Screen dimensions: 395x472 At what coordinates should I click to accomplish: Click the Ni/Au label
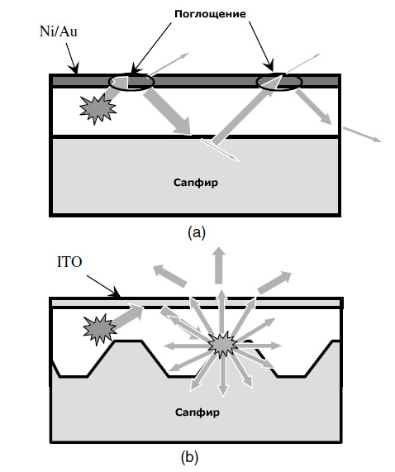click(x=59, y=31)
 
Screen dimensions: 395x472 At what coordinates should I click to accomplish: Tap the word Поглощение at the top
click(x=210, y=14)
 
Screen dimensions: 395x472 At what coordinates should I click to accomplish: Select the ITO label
click(x=69, y=262)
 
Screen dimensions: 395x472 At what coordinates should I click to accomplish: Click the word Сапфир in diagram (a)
click(x=196, y=183)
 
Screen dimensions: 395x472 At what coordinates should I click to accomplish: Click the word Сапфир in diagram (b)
click(x=197, y=412)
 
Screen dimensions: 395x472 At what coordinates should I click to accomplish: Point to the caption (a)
click(x=197, y=232)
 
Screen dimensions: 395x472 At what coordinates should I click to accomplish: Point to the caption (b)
click(x=189, y=458)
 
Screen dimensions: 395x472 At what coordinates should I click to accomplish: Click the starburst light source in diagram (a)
click(x=98, y=108)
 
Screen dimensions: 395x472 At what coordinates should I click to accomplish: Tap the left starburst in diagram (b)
click(x=100, y=329)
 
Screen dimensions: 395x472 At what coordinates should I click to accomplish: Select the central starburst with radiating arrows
click(x=222, y=345)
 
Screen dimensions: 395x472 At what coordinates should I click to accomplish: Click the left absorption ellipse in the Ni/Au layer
click(x=131, y=82)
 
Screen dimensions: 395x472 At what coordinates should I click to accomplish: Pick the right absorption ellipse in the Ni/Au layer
click(x=278, y=82)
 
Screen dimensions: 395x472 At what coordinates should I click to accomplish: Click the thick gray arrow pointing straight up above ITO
click(x=220, y=265)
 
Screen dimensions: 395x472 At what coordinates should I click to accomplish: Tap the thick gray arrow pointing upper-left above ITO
click(x=170, y=275)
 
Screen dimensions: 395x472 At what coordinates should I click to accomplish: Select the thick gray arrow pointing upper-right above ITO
click(x=274, y=283)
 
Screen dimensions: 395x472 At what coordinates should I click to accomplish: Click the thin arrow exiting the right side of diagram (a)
click(x=362, y=134)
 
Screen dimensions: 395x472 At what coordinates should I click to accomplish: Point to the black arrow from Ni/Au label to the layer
click(x=72, y=59)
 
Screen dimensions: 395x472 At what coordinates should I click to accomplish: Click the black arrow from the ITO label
click(x=103, y=286)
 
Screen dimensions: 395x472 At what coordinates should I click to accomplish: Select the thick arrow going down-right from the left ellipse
click(x=167, y=112)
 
